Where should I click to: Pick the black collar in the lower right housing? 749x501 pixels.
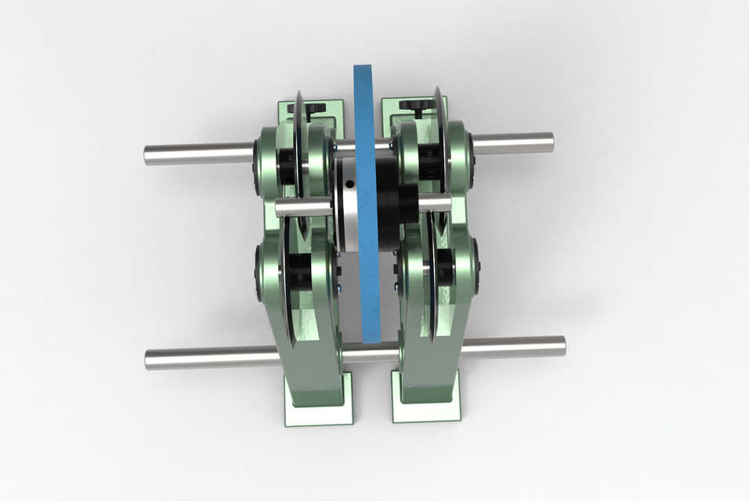[x=443, y=265]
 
